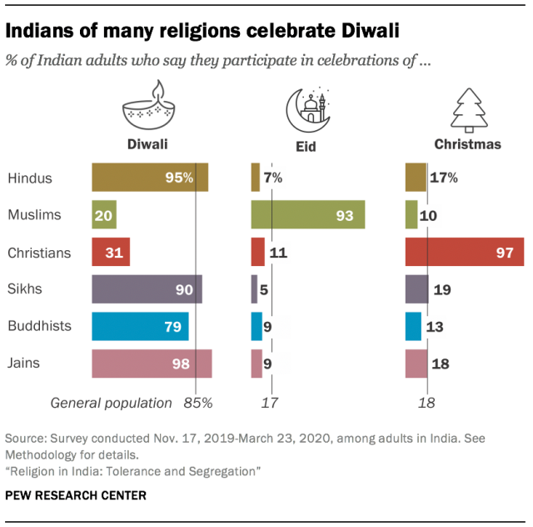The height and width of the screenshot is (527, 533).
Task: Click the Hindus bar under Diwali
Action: (150, 178)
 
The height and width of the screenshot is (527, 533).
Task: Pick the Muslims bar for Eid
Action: (307, 215)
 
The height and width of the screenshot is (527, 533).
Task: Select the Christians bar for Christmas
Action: (464, 253)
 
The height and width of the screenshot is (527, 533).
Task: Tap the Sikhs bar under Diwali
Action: (147, 289)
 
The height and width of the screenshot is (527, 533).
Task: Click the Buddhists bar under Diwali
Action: (140, 327)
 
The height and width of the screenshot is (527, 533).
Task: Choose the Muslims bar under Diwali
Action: (104, 215)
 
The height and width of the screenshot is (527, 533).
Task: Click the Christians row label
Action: (39, 253)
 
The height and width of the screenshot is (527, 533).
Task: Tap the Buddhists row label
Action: (39, 327)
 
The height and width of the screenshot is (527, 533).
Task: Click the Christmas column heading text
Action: (467, 143)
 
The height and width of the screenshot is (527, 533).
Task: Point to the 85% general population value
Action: (199, 403)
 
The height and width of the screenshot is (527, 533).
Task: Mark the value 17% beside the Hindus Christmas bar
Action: (443, 178)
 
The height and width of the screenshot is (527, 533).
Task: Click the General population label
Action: (112, 403)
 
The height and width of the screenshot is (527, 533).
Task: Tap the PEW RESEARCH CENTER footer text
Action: (76, 495)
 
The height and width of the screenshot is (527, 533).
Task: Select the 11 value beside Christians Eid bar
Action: (278, 253)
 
